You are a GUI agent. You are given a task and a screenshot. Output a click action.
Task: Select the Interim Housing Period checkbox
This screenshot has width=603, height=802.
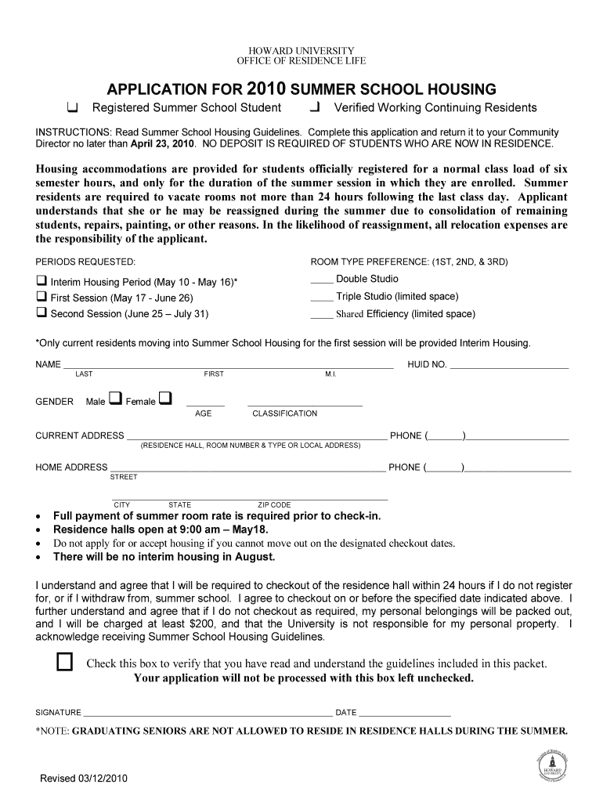coord(42,280)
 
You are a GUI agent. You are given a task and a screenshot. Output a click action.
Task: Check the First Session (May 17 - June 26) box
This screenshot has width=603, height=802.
coord(42,297)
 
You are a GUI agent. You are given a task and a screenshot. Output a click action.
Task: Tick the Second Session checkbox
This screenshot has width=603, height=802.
coord(42,313)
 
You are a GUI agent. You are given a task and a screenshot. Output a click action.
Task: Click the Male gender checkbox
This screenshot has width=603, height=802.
coord(115,399)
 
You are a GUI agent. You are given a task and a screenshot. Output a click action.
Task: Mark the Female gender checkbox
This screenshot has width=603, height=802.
coord(164,399)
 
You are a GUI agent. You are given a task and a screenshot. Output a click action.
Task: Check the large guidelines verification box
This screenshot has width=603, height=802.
coord(65,663)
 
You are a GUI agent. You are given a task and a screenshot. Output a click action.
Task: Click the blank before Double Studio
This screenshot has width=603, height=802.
coord(322,280)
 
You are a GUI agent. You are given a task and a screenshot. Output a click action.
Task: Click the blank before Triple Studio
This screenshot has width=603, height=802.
coord(322,298)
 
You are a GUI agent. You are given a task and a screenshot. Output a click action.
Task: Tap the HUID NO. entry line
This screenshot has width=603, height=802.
coord(509,367)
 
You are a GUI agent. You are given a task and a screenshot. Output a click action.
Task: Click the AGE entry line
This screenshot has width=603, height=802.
coord(204,404)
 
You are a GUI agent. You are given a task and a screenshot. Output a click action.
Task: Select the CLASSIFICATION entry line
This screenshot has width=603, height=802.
coord(305,404)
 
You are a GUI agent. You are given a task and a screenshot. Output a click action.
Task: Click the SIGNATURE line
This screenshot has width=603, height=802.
coord(207,715)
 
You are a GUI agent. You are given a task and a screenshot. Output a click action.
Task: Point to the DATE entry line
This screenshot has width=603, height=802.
coord(405,715)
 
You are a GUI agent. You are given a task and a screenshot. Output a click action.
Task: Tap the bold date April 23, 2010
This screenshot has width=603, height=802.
coord(163,145)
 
